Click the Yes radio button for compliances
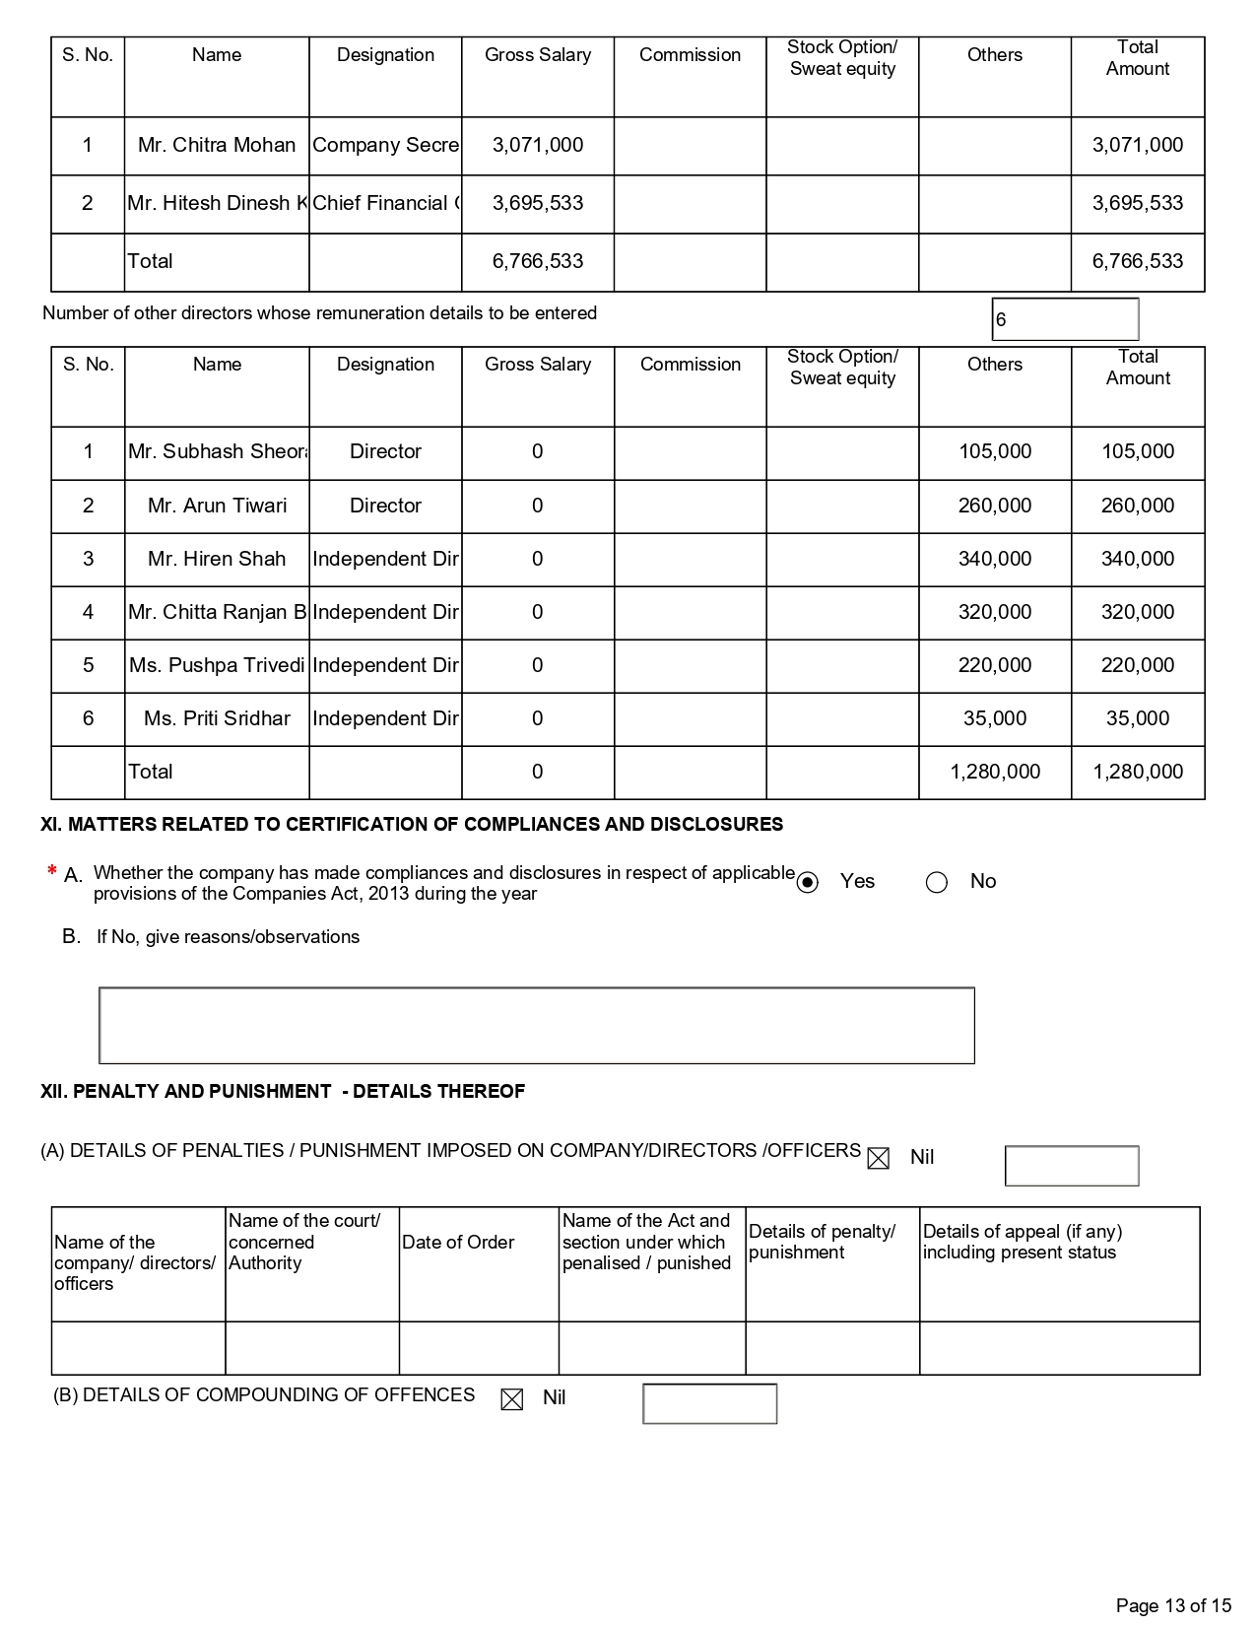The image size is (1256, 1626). click(808, 882)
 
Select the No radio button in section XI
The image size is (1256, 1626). click(937, 882)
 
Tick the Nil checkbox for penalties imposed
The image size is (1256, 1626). click(878, 1158)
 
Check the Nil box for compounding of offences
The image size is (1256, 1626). click(512, 1399)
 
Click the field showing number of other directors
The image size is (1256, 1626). click(1064, 319)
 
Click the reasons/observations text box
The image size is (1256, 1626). click(537, 1025)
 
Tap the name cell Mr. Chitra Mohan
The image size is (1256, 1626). click(217, 145)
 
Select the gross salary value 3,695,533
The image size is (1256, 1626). click(538, 203)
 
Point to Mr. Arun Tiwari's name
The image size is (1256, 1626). click(217, 506)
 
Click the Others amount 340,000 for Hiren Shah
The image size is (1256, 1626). click(995, 559)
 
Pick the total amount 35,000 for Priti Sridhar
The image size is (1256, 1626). click(1138, 718)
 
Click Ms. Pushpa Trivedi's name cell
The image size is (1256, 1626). click(217, 665)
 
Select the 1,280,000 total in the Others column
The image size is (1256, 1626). click(995, 772)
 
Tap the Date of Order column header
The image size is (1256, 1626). click(458, 1243)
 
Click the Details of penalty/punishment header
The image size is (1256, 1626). click(823, 1242)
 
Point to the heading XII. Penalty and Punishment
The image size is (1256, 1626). click(283, 1091)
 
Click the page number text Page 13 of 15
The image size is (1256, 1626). click(1173, 1605)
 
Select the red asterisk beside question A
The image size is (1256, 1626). click(51, 871)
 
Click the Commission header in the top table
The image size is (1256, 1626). click(690, 55)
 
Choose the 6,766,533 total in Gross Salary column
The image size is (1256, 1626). click(538, 261)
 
